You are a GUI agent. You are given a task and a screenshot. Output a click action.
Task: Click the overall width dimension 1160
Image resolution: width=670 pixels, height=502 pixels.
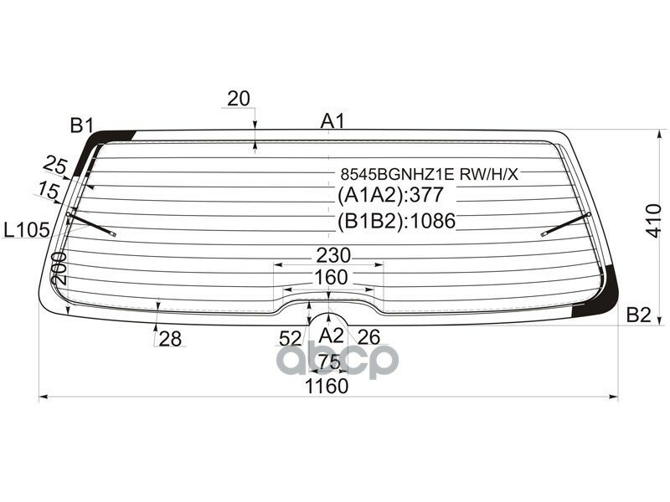tap(327, 387)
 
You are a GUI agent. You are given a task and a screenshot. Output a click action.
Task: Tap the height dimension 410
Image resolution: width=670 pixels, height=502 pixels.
tap(653, 221)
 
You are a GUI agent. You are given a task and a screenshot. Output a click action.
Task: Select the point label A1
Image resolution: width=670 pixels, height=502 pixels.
tap(332, 121)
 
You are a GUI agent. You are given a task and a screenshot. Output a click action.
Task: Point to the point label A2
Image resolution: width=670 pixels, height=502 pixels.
tap(331, 336)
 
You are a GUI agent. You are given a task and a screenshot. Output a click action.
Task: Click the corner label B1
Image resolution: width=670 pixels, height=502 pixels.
tap(82, 125)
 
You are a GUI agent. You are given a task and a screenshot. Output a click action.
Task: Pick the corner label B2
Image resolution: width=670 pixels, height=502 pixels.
tap(638, 315)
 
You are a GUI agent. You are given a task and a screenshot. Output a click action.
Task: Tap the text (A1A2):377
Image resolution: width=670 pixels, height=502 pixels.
tap(390, 195)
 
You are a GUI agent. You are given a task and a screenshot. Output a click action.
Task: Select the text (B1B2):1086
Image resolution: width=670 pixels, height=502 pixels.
tap(396, 221)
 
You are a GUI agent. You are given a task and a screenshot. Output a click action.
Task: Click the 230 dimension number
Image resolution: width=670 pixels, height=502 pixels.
tap(333, 255)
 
